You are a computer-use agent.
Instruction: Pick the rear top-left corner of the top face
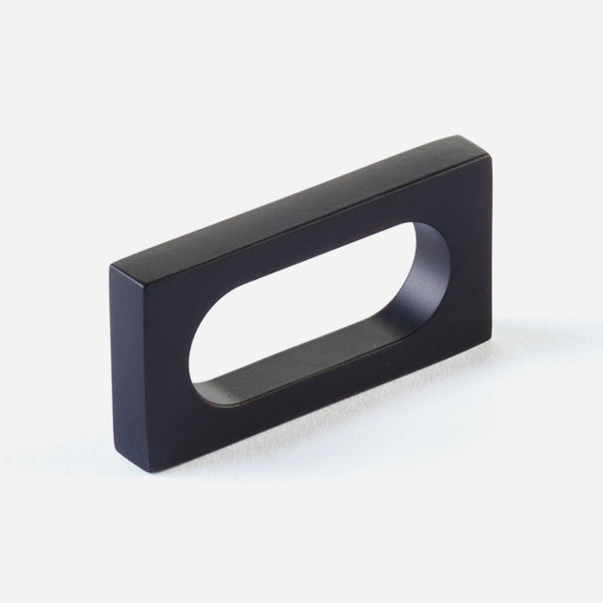coord(109,267)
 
